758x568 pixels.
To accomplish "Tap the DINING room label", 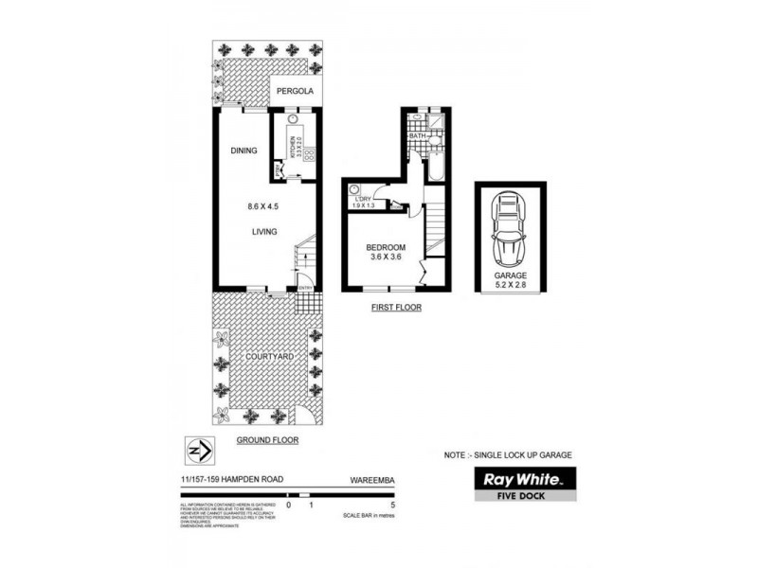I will tap(244, 150).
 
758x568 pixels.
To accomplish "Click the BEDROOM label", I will tap(386, 249).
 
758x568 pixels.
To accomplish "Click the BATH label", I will tap(417, 137).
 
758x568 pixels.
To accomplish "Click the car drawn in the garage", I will tap(510, 229).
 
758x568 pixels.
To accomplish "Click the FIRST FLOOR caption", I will tap(395, 308).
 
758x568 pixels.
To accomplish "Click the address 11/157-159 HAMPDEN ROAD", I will tap(227, 480).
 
